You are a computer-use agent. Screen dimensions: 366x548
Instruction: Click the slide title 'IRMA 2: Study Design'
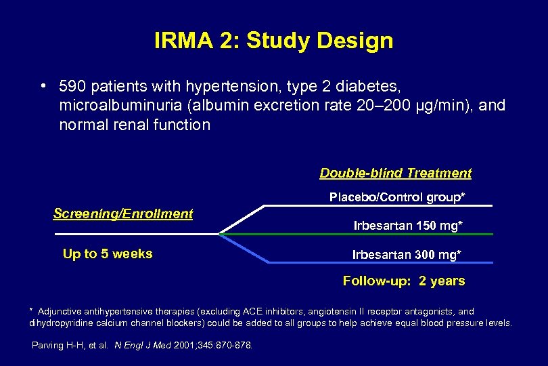(x=273, y=41)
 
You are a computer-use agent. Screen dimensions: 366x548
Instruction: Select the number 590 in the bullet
(x=72, y=87)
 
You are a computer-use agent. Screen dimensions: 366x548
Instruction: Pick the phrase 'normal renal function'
(x=135, y=125)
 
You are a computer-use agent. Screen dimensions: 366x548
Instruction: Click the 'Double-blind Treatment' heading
(x=395, y=173)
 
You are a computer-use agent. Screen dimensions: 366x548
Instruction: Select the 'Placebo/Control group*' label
(x=398, y=197)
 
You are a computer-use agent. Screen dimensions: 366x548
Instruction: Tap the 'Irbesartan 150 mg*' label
(x=408, y=226)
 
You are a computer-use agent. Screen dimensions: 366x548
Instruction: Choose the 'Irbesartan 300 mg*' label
(x=407, y=255)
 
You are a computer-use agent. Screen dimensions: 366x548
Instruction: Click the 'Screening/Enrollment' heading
(x=122, y=213)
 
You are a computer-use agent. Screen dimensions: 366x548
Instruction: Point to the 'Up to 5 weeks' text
(x=108, y=254)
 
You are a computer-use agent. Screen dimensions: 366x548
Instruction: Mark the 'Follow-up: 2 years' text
(x=404, y=281)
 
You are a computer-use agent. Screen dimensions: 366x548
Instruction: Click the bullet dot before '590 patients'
(x=42, y=87)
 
